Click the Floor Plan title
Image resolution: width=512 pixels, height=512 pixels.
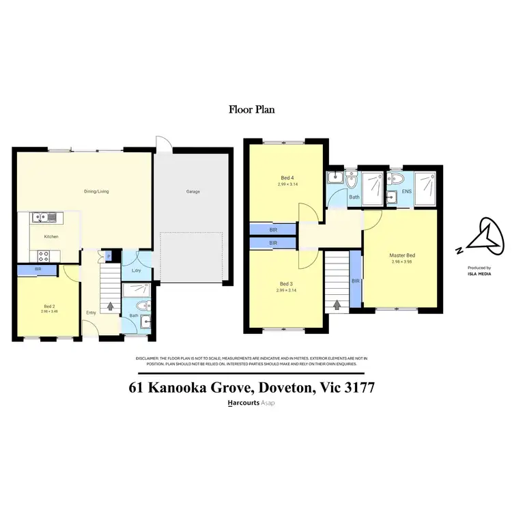pyautogui.click(x=251, y=109)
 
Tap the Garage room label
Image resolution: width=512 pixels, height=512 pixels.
pyautogui.click(x=193, y=192)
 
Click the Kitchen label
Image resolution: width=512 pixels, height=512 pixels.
pyautogui.click(x=51, y=237)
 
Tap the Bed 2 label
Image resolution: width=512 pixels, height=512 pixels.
pyautogui.click(x=48, y=306)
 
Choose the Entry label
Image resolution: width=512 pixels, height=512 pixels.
pyautogui.click(x=91, y=313)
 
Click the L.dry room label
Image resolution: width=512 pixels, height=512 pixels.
pyautogui.click(x=136, y=271)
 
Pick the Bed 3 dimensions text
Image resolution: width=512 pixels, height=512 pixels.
pyautogui.click(x=285, y=290)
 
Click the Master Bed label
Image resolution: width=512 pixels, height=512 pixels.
pyautogui.click(x=403, y=255)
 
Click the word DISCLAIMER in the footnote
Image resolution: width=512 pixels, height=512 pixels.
pyautogui.click(x=145, y=358)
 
